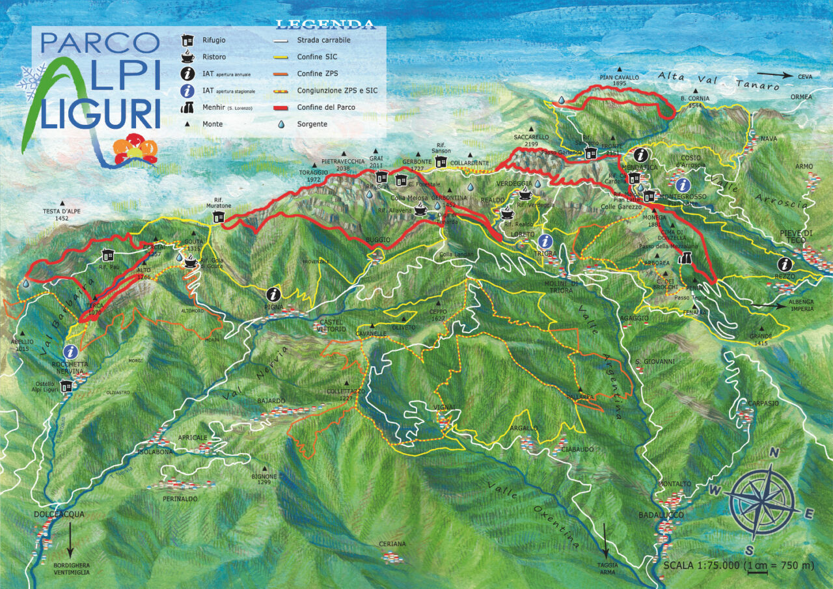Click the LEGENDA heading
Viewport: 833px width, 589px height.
click(x=325, y=25)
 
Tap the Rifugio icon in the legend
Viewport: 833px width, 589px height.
click(x=187, y=40)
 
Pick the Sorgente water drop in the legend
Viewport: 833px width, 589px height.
click(x=282, y=124)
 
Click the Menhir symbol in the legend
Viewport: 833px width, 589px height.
click(x=187, y=107)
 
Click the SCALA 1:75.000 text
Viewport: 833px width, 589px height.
click(x=702, y=565)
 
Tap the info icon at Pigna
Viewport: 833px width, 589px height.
click(x=273, y=294)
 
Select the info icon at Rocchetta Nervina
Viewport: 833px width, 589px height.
click(x=71, y=351)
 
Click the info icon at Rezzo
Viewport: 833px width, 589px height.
click(x=785, y=264)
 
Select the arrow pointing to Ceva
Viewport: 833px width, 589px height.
click(x=774, y=76)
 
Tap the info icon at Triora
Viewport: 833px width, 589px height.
click(x=545, y=241)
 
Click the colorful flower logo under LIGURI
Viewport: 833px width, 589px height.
click(x=135, y=148)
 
